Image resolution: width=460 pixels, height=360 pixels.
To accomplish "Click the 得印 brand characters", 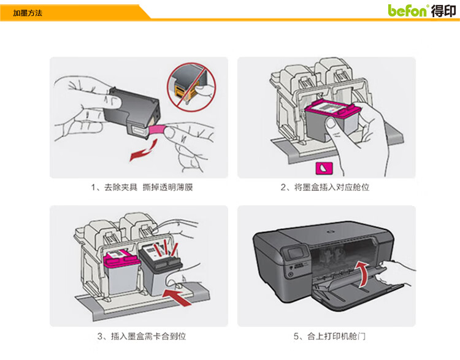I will click(x=443, y=11).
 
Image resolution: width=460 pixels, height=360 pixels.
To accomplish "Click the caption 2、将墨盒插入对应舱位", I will click(x=325, y=187).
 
